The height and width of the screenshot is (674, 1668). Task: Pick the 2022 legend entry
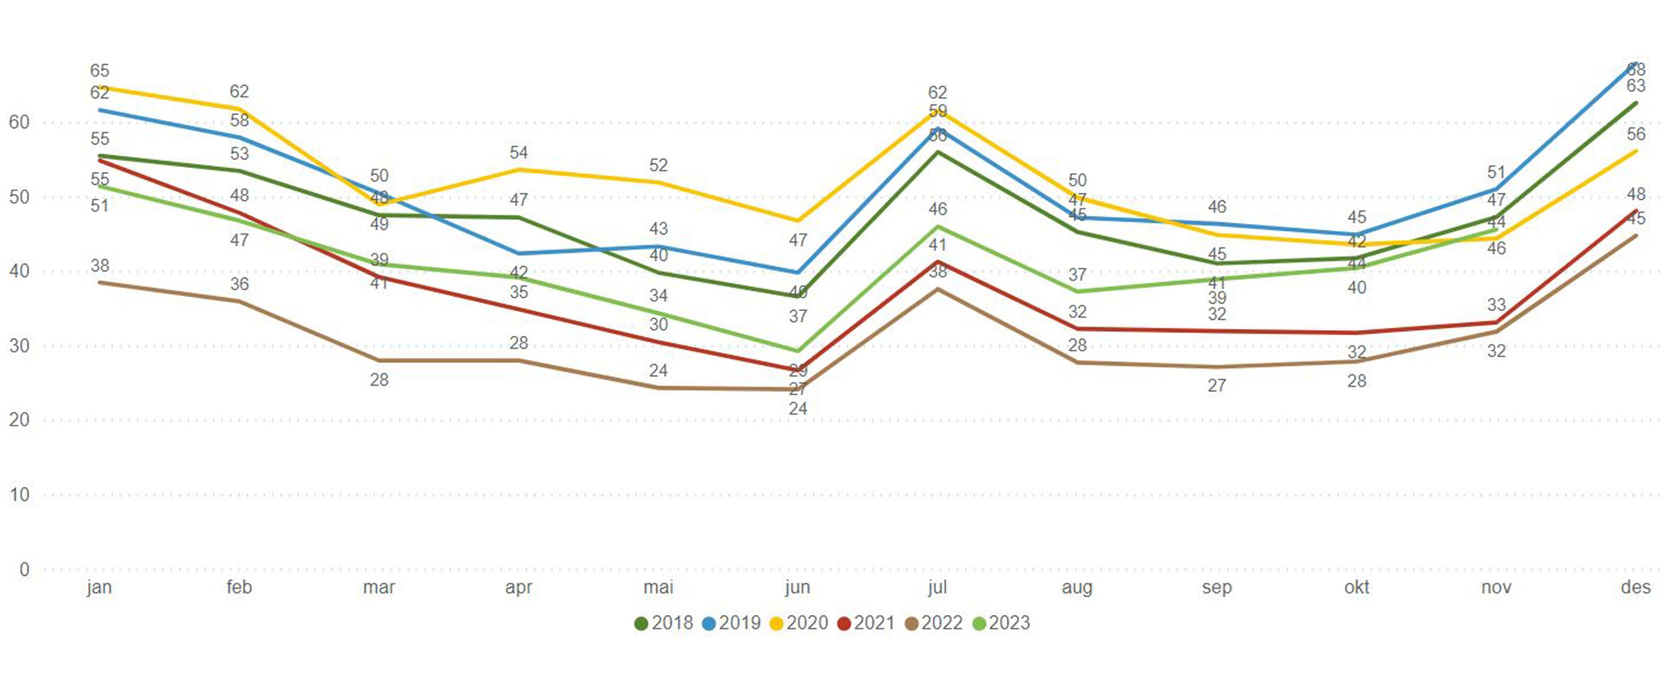pyautogui.click(x=934, y=623)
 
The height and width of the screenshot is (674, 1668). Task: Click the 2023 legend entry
pyautogui.click(x=1001, y=623)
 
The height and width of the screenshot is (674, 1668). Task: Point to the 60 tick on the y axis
pyautogui.click(x=20, y=122)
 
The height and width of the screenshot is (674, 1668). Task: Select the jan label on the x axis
pyautogui.click(x=99, y=587)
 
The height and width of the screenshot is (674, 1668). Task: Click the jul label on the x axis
pyautogui.click(x=937, y=587)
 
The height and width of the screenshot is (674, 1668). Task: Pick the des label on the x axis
pyautogui.click(x=1635, y=587)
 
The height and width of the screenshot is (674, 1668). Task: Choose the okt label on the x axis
pyautogui.click(x=1357, y=587)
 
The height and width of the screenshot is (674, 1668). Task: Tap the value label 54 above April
pyautogui.click(x=519, y=153)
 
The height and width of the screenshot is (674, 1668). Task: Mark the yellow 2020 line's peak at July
pyautogui.click(x=937, y=111)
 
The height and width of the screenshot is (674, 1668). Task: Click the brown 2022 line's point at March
pyautogui.click(x=379, y=360)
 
